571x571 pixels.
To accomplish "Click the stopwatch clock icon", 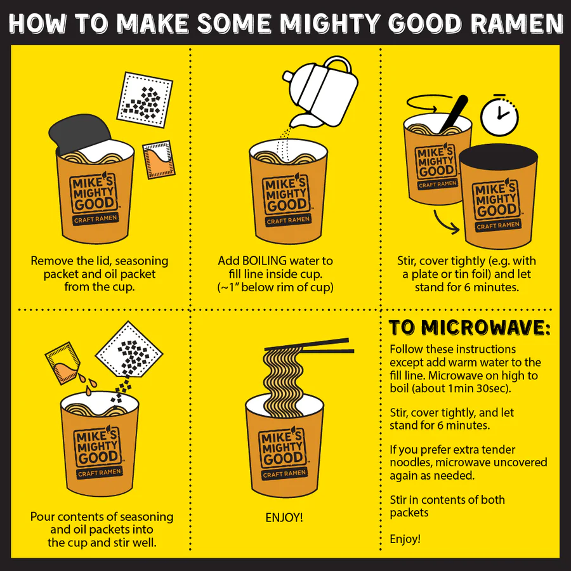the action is click(500, 115).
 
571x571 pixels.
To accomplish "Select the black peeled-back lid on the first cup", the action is click(79, 133).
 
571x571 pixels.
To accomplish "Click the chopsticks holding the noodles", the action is click(310, 346).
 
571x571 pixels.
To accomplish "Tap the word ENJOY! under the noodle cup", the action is click(284, 517).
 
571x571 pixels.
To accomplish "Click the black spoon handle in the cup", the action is click(454, 112).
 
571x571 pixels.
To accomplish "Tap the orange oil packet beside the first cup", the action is click(159, 159).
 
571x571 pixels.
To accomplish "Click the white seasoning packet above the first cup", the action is click(145, 100).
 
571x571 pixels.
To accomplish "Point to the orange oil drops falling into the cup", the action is click(88, 384).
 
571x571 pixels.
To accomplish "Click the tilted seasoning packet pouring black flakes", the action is click(129, 349).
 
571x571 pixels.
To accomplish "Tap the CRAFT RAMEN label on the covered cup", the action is click(498, 226).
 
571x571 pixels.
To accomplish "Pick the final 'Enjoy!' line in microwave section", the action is click(405, 539).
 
